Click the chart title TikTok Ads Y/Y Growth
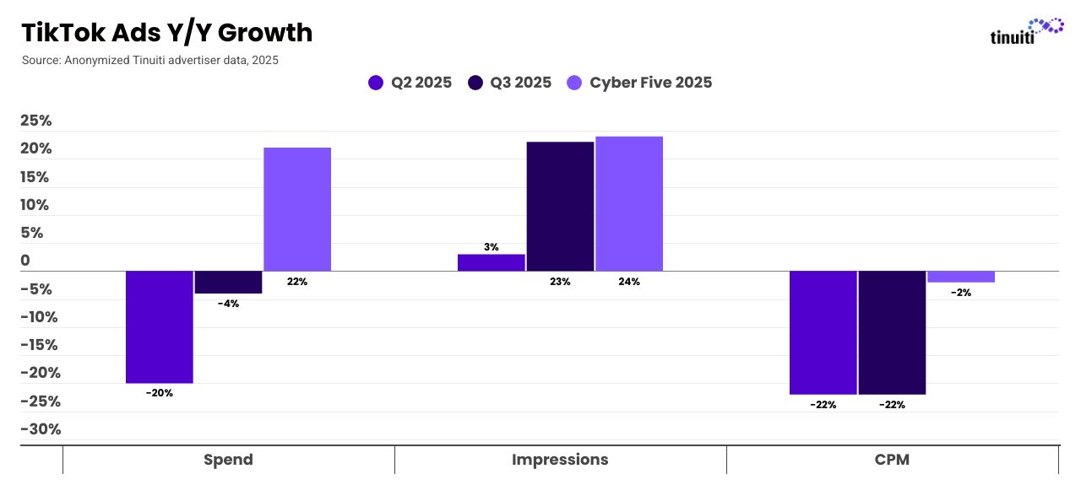(166, 33)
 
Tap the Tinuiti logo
(1026, 32)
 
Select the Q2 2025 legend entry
(410, 83)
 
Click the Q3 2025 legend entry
(510, 83)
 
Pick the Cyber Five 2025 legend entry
(639, 83)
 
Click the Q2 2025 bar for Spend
(160, 326)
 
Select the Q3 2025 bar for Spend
(228, 282)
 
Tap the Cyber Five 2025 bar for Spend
(297, 209)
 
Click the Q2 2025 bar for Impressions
(492, 262)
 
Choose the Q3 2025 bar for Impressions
(560, 207)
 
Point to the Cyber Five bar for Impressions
(629, 203)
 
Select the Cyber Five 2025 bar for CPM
(961, 277)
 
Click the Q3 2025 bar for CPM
(892, 332)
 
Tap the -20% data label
(159, 393)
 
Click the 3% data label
(492, 247)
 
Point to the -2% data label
(961, 293)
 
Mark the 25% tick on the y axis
(36, 121)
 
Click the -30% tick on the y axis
(41, 429)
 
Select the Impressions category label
(560, 460)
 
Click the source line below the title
(150, 61)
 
